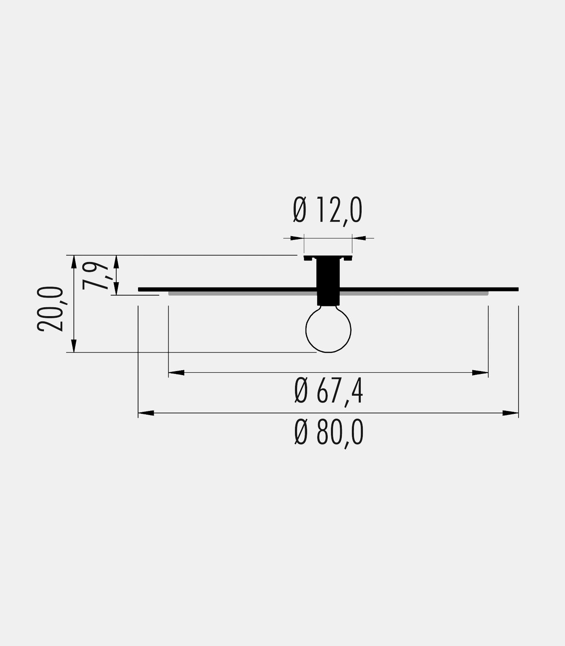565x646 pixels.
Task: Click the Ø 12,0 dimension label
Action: point(328,210)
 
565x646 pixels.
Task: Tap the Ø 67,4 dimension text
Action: point(329,391)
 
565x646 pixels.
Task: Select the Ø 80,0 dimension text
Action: point(329,432)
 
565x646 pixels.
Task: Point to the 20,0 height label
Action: point(50,309)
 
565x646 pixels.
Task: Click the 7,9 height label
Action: point(96,276)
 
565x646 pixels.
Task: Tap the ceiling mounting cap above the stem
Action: point(328,258)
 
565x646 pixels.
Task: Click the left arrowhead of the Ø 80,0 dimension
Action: point(146,413)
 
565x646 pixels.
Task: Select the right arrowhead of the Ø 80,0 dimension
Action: point(511,413)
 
